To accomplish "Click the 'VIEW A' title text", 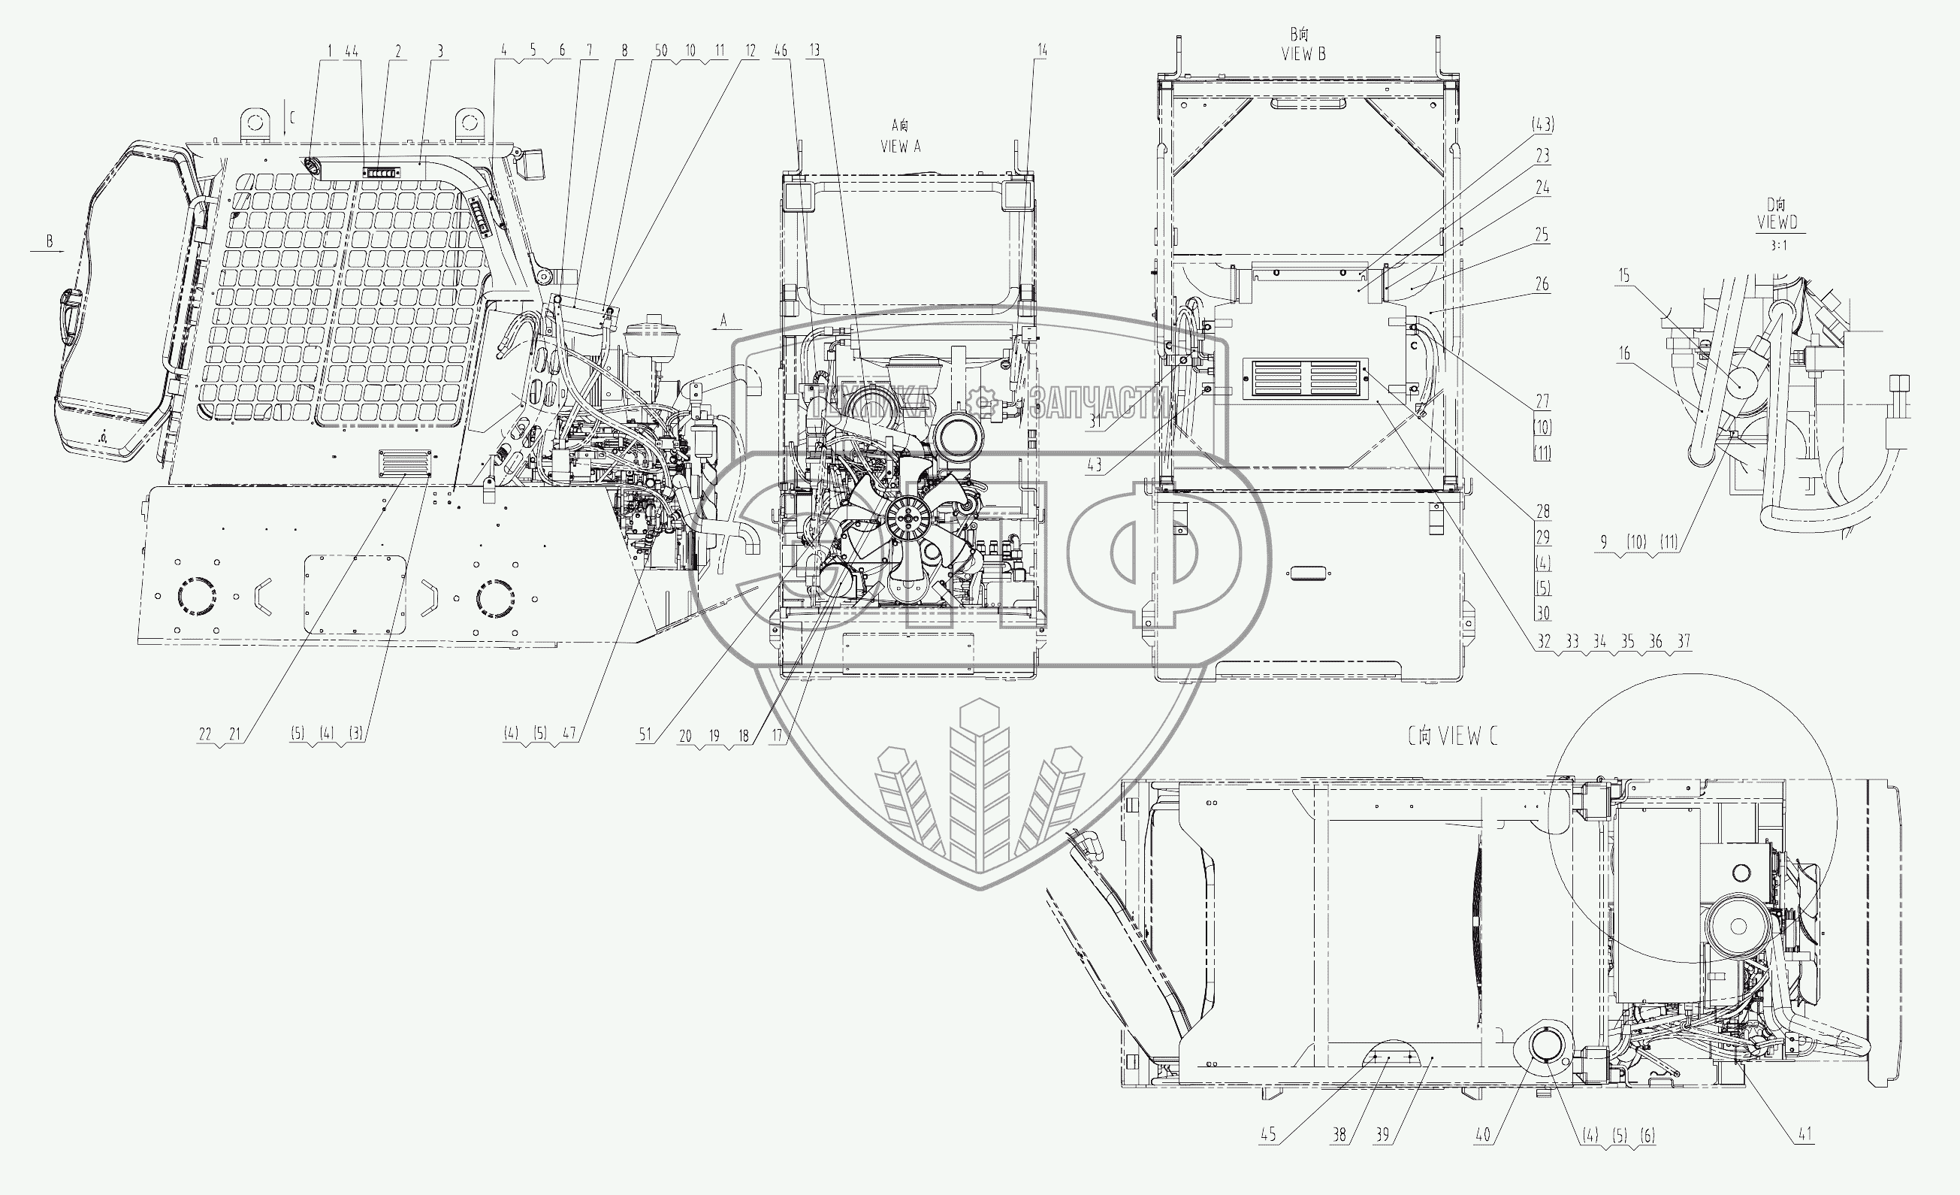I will click(x=900, y=147).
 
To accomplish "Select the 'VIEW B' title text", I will click(x=1303, y=54).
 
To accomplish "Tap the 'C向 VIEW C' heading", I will click(x=1451, y=737).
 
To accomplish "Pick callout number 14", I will click(x=1041, y=50).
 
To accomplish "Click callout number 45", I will click(x=1268, y=1135).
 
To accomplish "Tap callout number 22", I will click(x=205, y=734).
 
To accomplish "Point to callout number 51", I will click(x=645, y=735).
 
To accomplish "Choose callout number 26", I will click(x=1542, y=284).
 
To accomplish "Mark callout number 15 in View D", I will click(x=1623, y=275).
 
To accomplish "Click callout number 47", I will click(x=569, y=734).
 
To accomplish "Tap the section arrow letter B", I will click(x=50, y=241).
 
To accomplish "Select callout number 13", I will click(x=814, y=50).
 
